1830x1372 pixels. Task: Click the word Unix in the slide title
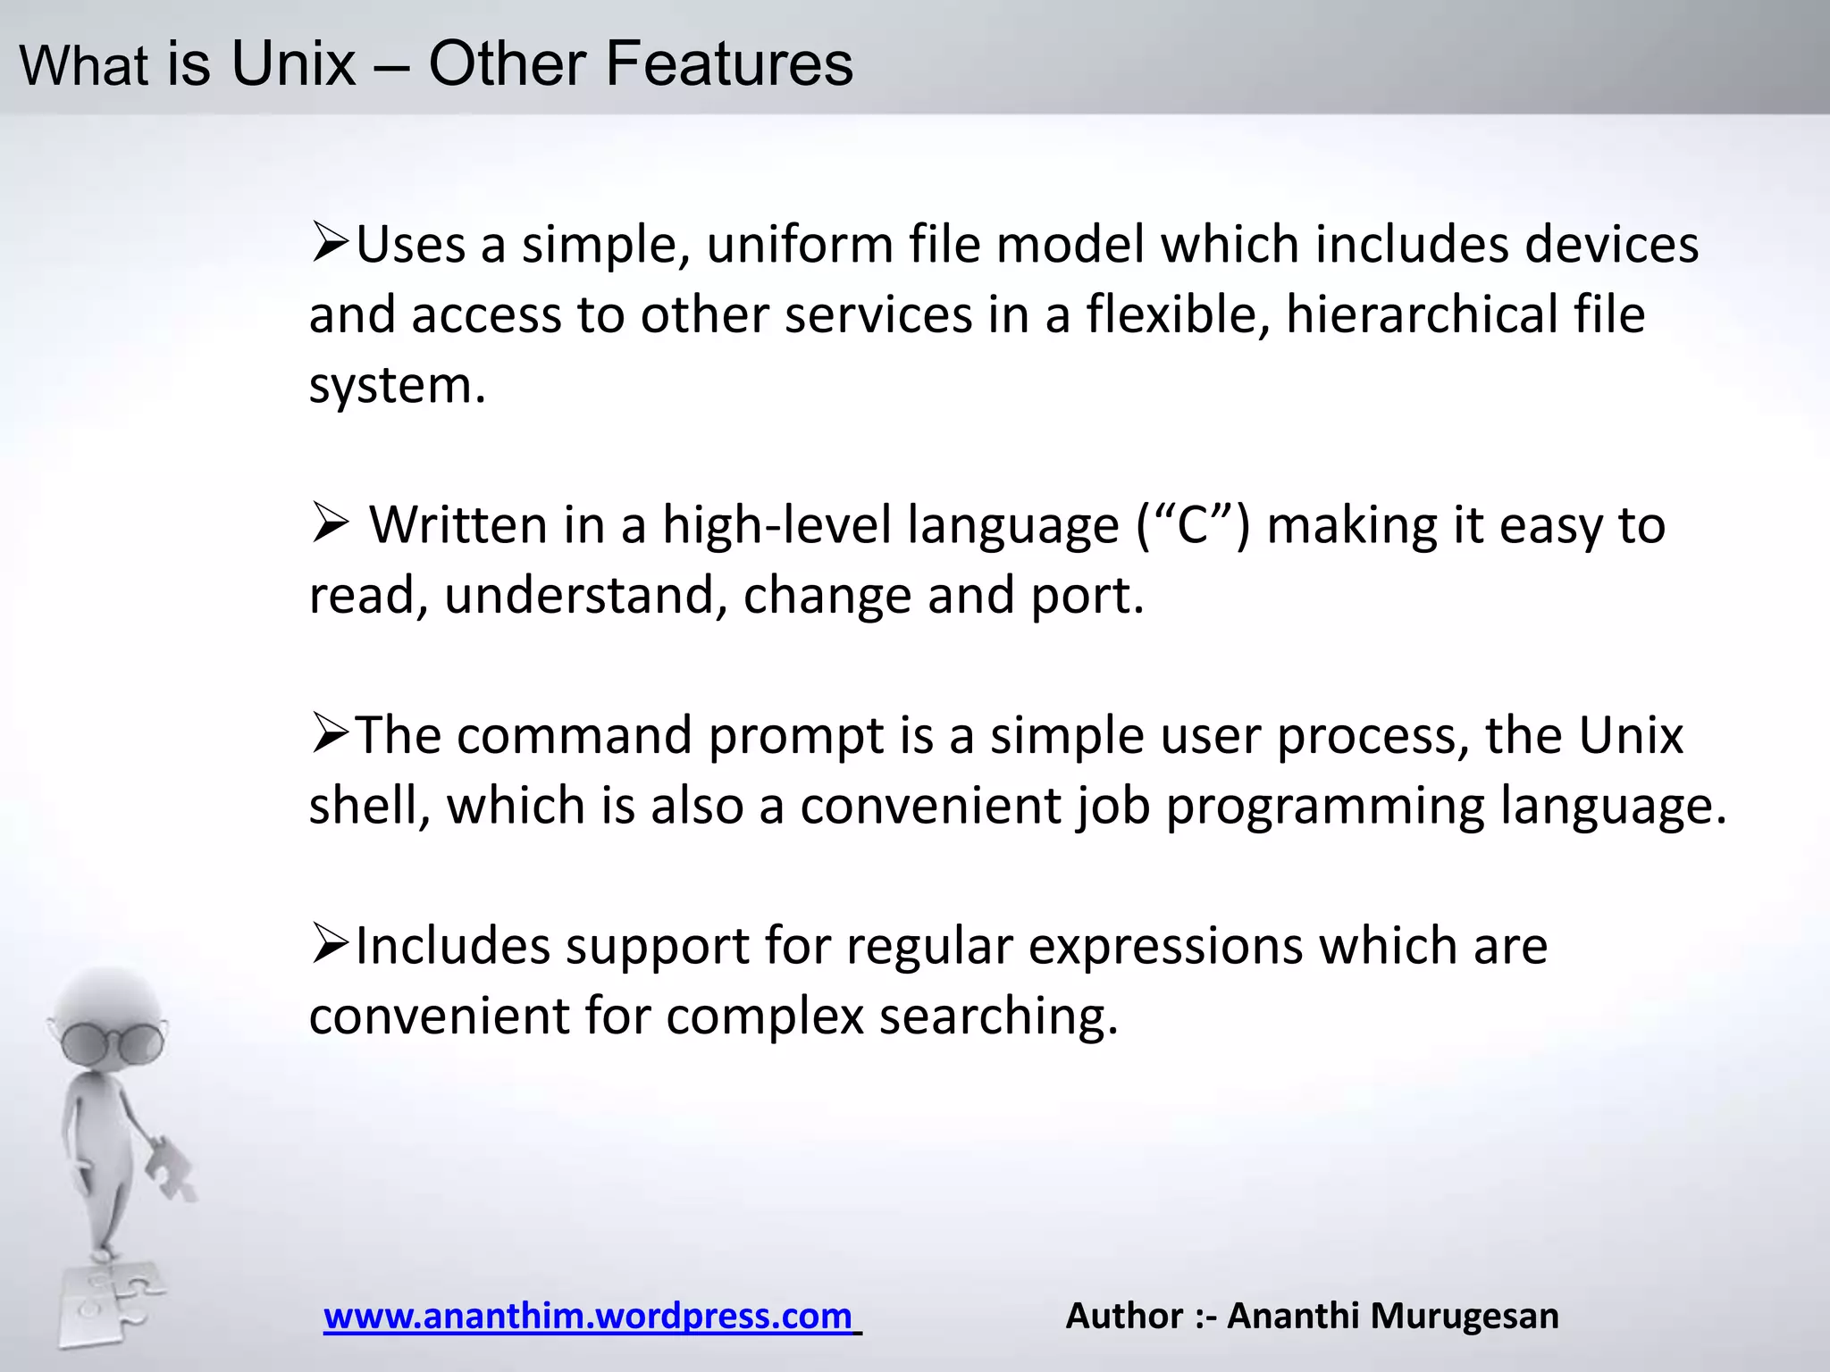tap(293, 64)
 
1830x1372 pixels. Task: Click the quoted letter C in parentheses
tap(1193, 525)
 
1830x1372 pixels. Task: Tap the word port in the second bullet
tap(1086, 597)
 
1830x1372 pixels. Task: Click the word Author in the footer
tap(1124, 1316)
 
